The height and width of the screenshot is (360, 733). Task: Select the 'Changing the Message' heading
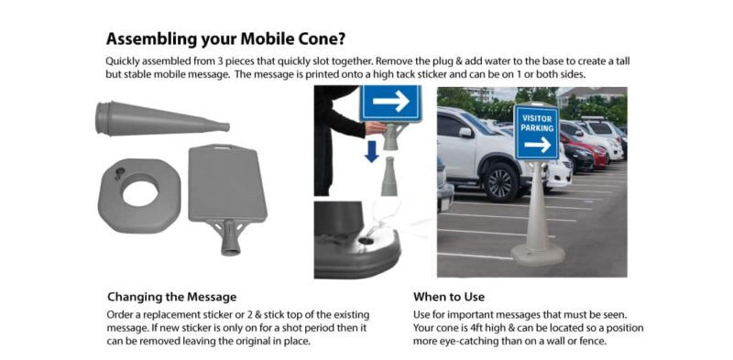pyautogui.click(x=171, y=297)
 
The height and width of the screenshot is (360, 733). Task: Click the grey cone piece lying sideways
pyautogui.click(x=160, y=119)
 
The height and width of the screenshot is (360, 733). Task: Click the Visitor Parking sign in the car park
pyautogui.click(x=536, y=133)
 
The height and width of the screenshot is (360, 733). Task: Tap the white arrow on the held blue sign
pyautogui.click(x=390, y=102)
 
